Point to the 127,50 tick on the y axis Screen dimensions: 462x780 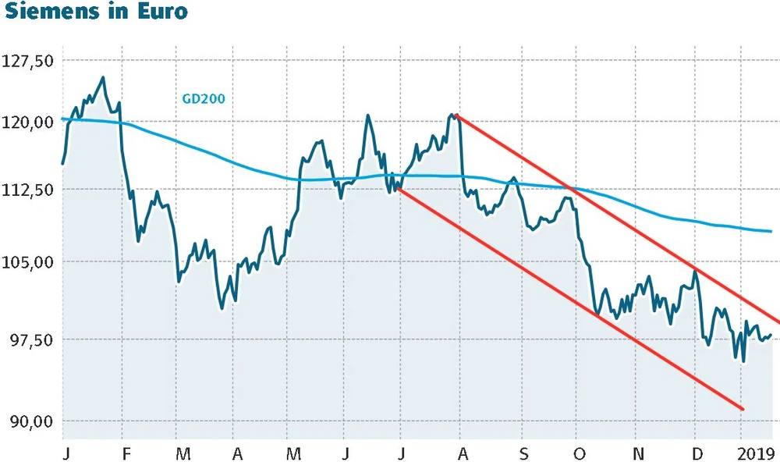[27, 61]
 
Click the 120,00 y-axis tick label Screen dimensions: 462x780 [27, 123]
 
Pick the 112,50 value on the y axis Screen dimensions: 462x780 [27, 190]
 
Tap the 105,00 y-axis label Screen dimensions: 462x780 [27, 262]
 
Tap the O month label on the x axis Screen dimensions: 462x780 [579, 453]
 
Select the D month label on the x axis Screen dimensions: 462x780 [696, 453]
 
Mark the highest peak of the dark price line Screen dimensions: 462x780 [103, 77]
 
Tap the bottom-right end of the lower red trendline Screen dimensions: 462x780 [743, 409]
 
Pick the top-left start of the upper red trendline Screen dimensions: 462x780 [456, 115]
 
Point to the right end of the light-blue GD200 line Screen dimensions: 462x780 [771, 231]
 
